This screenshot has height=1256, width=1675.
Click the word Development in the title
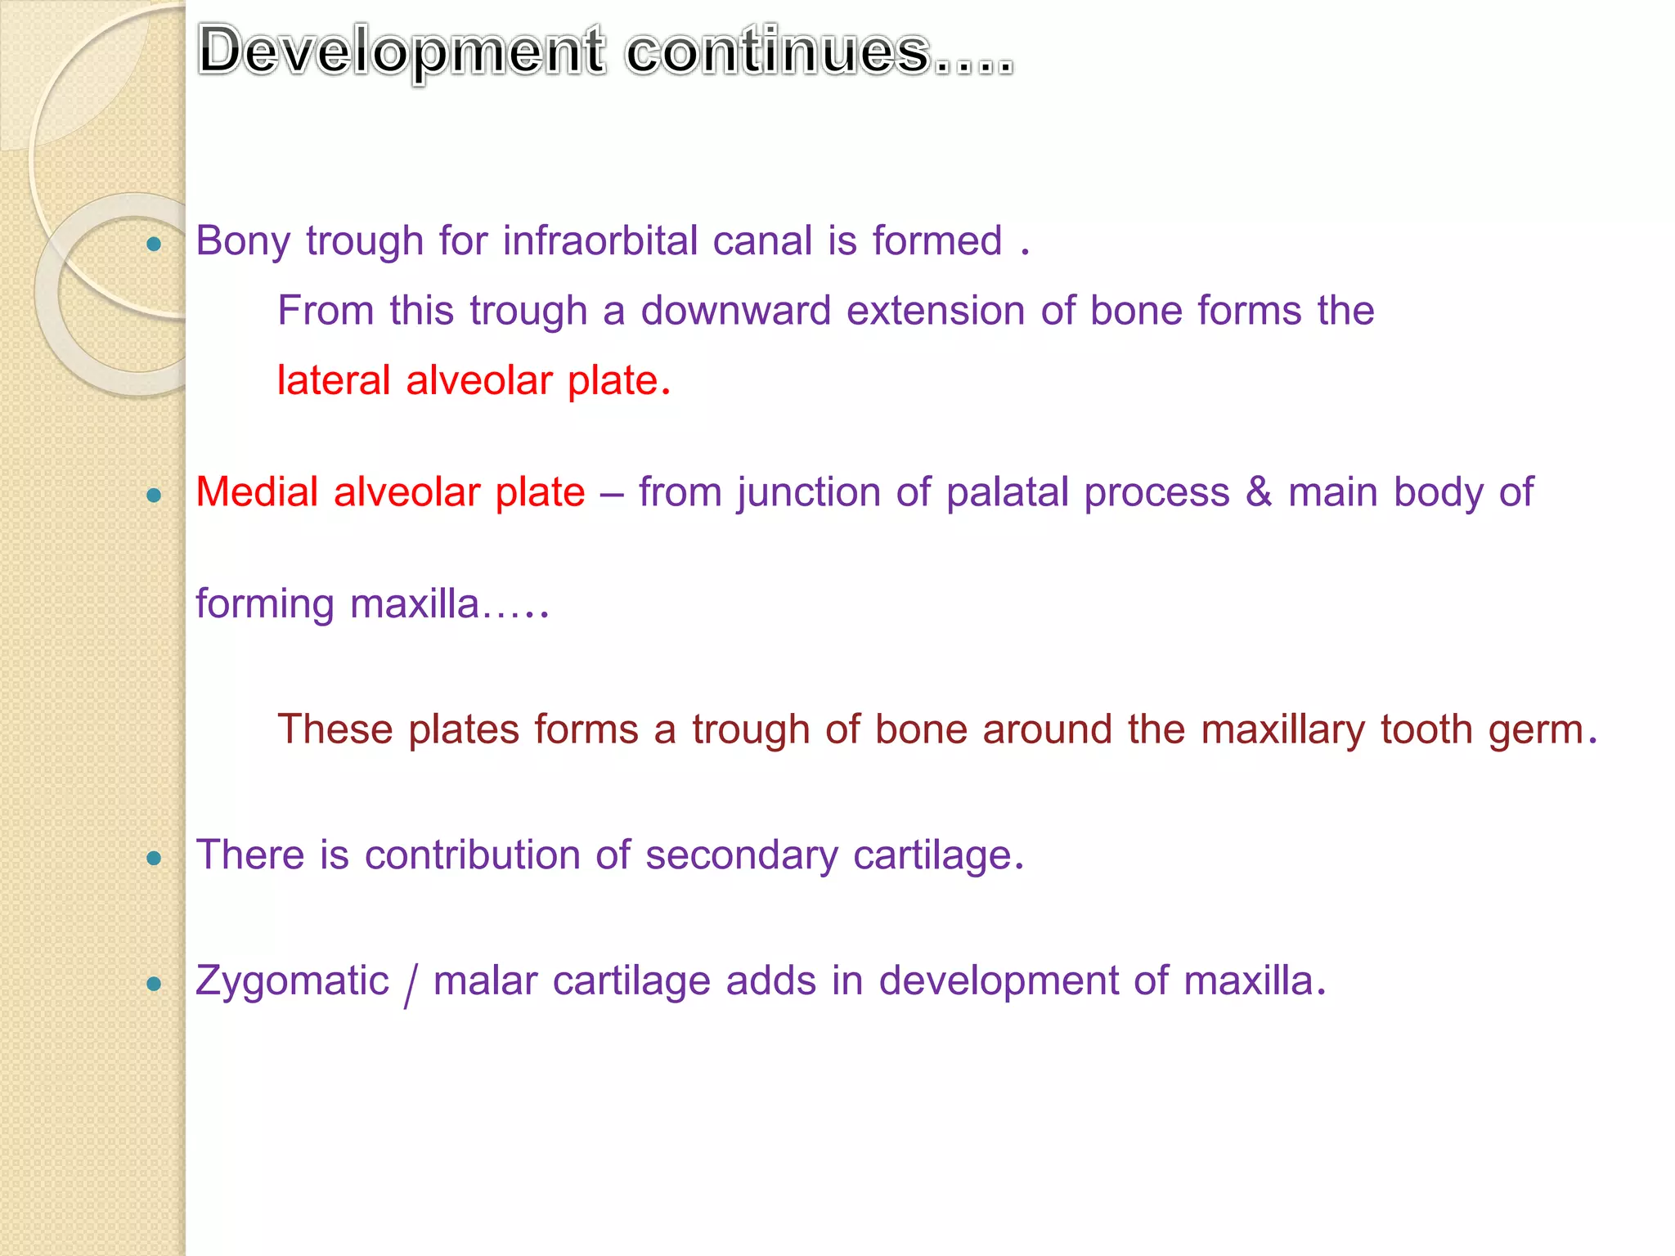[402, 52]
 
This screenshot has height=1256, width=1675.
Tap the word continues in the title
[778, 52]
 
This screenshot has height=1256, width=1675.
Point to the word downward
[735, 311]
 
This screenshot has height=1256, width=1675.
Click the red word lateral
[334, 381]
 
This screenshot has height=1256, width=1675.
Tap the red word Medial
[257, 492]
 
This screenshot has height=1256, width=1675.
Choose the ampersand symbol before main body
[1259, 492]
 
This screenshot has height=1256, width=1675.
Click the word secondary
[741, 856]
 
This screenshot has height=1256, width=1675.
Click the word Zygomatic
[292, 982]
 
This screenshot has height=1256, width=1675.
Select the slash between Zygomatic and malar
[411, 984]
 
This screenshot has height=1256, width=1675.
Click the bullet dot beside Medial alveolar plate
[154, 495]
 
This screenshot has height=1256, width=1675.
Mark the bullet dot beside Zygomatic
[154, 984]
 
